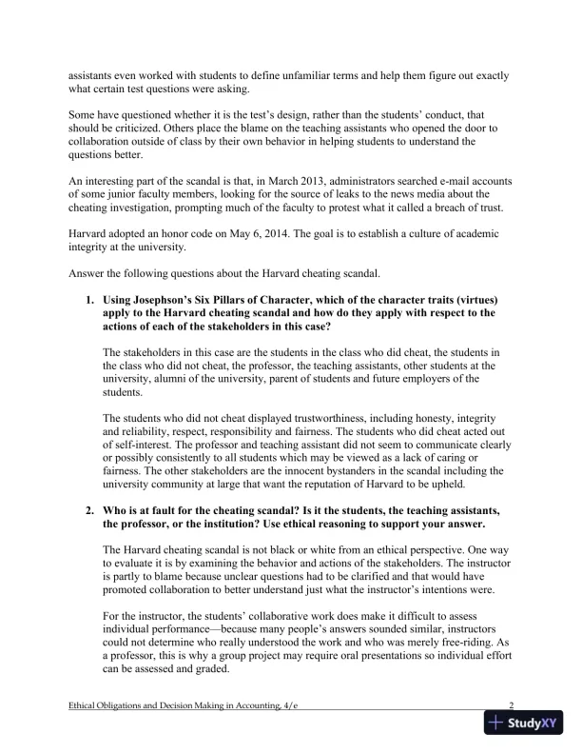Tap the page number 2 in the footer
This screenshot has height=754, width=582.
[511, 705]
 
